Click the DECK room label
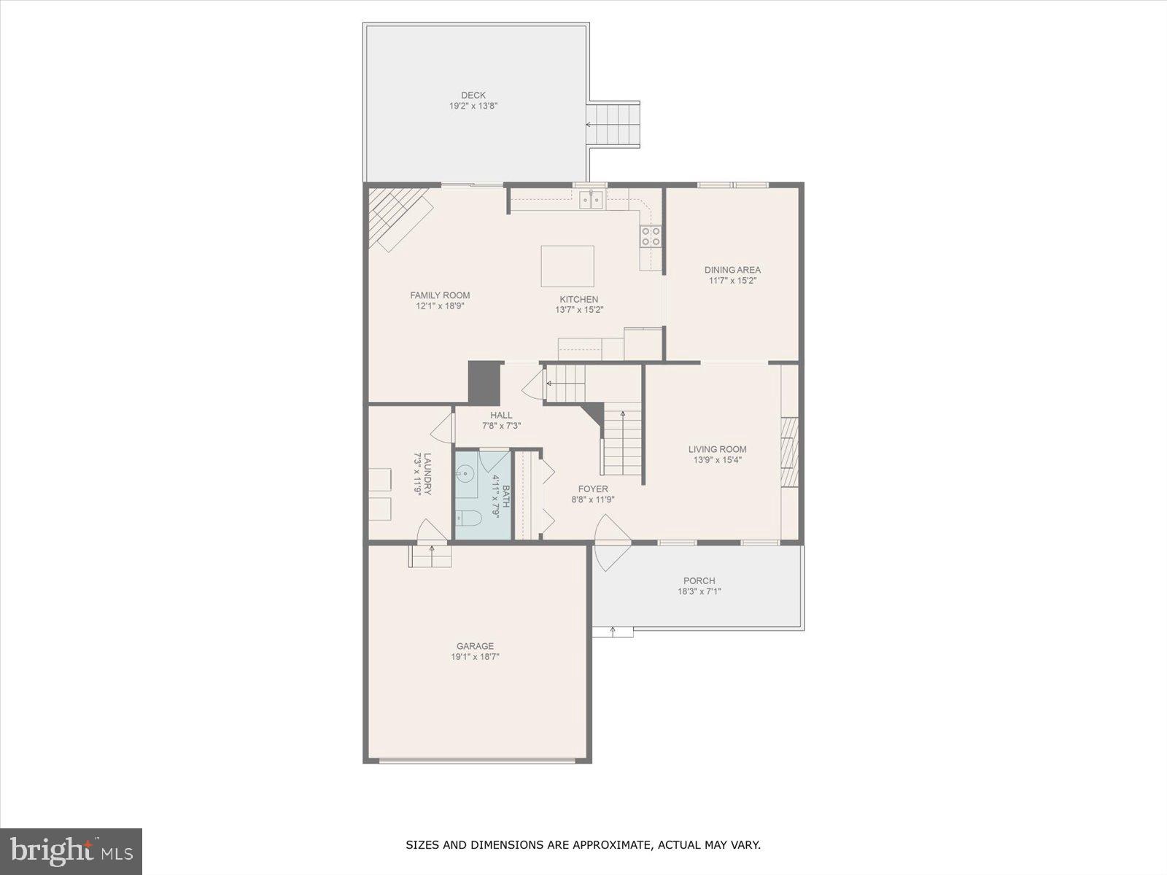473,95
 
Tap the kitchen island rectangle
567,266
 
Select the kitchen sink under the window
591,199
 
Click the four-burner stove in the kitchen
651,236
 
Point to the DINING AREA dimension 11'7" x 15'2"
732,281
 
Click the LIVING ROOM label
717,449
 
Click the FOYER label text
593,489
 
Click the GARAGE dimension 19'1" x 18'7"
475,657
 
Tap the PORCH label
699,581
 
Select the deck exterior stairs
614,125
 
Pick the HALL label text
501,415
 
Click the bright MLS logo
71,851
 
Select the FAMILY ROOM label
440,295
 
